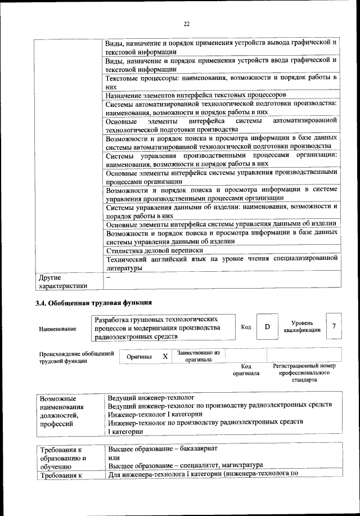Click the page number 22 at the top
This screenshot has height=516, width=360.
pos(186,23)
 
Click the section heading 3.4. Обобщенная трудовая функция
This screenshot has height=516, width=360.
pos(93,303)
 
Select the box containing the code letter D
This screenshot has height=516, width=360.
pos(267,327)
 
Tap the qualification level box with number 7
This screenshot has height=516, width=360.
pos(334,327)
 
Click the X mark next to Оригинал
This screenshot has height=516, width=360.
pos(165,357)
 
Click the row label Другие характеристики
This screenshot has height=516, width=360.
pos(63,281)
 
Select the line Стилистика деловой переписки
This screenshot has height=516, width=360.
pos(154,250)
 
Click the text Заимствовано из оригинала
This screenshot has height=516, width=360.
pos(198,356)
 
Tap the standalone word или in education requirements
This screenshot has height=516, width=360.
pos(113,457)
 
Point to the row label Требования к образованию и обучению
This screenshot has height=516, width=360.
pos(63,457)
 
